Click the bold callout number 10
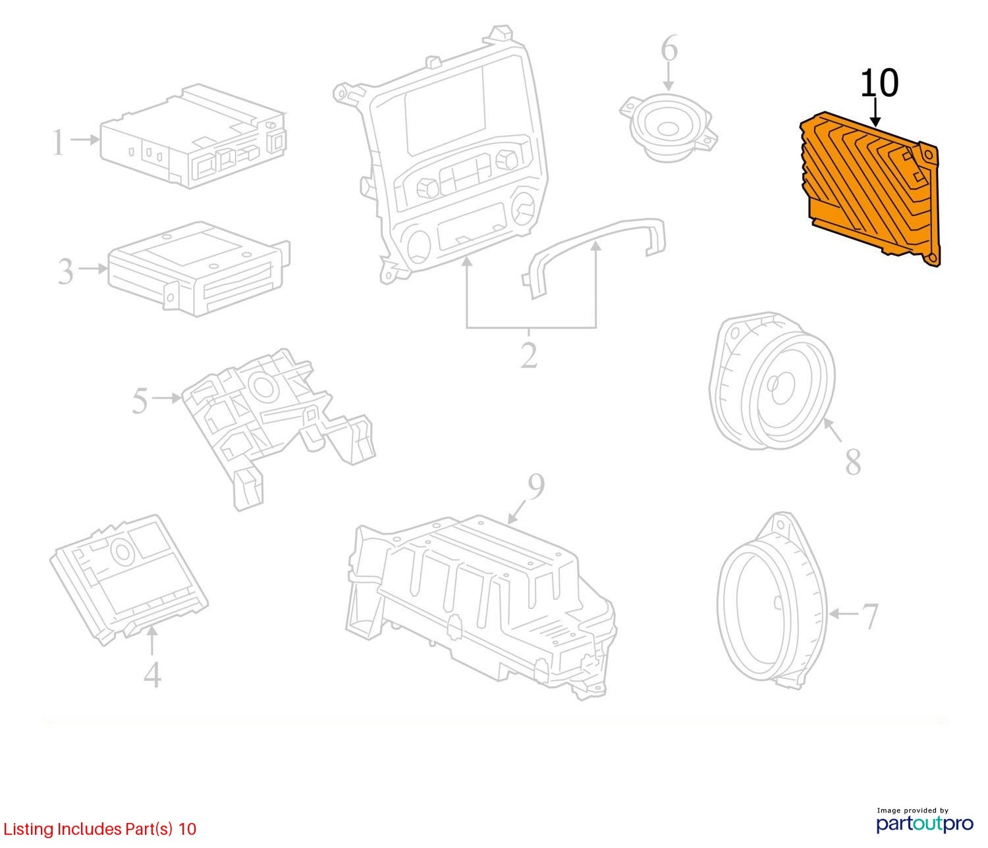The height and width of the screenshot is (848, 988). coord(879,83)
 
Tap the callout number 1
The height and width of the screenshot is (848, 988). coord(58,142)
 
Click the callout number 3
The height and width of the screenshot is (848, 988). coord(65,271)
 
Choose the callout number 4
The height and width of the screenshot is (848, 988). coord(152,674)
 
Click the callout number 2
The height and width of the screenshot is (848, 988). coord(529,355)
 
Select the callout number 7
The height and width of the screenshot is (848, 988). coord(869,616)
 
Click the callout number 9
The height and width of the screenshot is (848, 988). coord(535,488)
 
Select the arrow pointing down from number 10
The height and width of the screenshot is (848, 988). coord(875,112)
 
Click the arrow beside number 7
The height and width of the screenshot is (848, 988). coord(844,614)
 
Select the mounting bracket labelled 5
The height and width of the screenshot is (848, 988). coord(277,427)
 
